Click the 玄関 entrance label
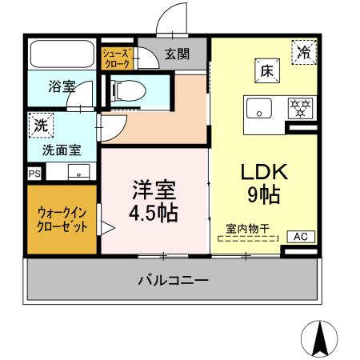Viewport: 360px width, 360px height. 178,54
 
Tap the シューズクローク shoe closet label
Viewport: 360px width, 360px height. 116,56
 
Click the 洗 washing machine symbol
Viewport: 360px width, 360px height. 39,125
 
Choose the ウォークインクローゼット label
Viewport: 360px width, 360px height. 62,218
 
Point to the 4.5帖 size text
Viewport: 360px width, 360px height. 154,214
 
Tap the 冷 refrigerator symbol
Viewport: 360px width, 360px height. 305,54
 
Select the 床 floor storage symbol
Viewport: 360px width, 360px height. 266,70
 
